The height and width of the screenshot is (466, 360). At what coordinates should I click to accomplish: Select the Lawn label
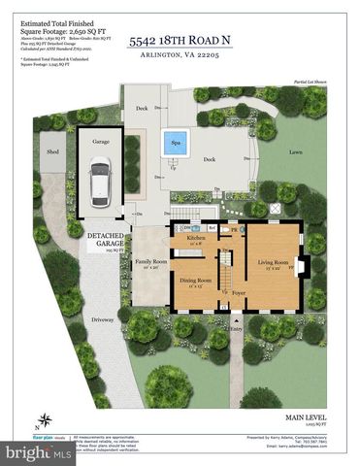pyautogui.click(x=295, y=152)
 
